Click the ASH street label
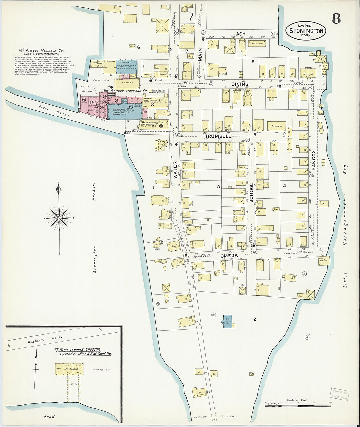tap(241, 34)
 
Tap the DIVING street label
tap(240, 84)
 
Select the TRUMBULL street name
tap(218, 136)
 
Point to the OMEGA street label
tap(228, 255)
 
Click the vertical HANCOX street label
tap(313, 160)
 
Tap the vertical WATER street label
tap(175, 170)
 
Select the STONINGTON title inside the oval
tap(306, 31)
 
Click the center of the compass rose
tap(59, 218)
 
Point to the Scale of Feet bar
tap(298, 405)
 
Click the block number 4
tap(284, 186)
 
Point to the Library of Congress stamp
tap(338, 394)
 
